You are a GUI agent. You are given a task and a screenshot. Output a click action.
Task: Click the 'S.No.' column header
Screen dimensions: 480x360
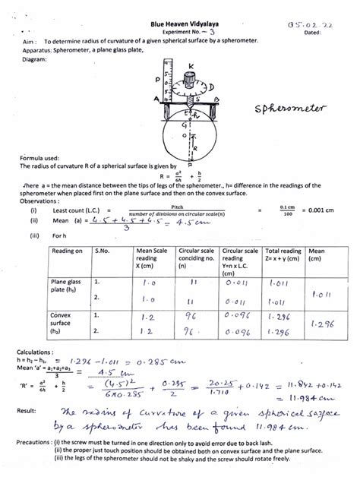[103, 250]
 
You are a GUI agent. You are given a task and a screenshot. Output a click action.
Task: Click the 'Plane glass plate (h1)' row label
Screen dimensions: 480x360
[65, 284]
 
